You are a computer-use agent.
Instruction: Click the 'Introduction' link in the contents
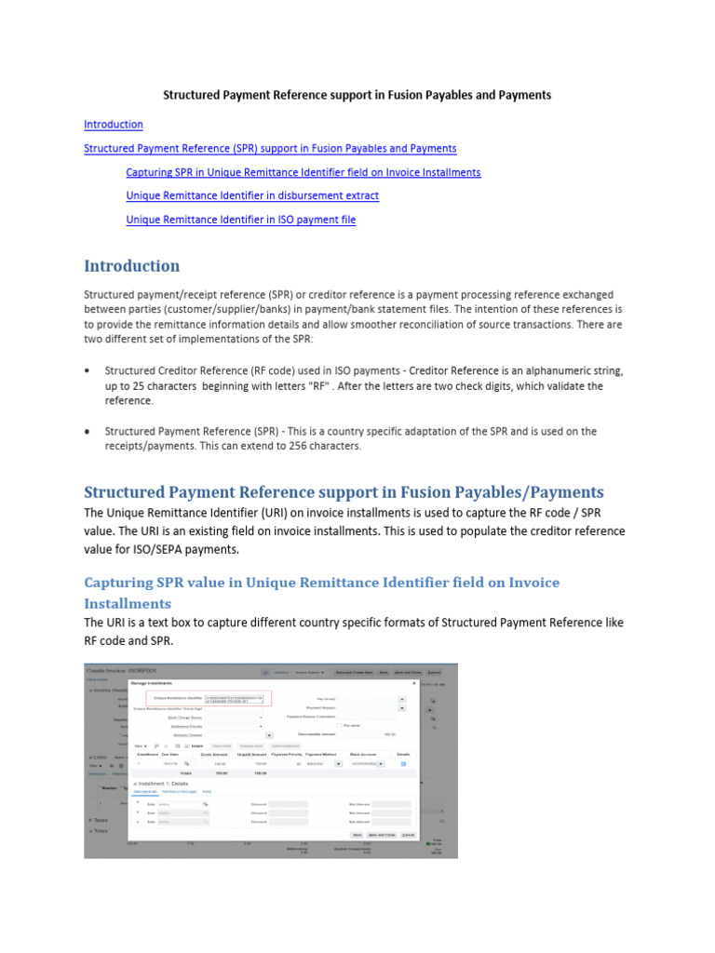[x=114, y=125]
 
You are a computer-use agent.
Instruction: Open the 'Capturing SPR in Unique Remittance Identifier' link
[x=304, y=172]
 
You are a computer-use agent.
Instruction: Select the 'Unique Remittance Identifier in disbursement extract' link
[x=252, y=195]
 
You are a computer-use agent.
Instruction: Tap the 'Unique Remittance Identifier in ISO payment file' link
[x=240, y=220]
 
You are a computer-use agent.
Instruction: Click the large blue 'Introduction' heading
[x=131, y=266]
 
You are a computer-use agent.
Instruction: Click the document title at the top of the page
[x=357, y=95]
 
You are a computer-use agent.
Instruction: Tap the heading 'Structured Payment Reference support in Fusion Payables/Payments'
[x=344, y=492]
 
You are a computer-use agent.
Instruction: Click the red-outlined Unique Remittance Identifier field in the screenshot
[x=221, y=698]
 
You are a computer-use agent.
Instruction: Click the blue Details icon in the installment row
[x=403, y=763]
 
